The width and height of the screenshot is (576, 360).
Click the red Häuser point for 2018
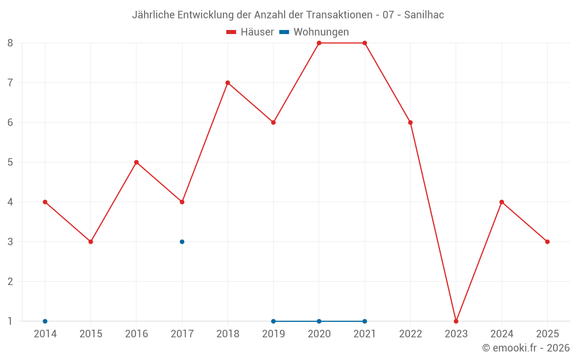click(228, 83)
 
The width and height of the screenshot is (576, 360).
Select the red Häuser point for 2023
click(456, 321)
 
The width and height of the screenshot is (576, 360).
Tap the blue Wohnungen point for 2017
click(182, 242)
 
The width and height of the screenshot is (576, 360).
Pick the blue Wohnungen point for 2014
click(45, 321)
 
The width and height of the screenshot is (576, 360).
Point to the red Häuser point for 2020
click(319, 43)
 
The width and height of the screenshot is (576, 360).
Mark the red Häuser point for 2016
click(137, 162)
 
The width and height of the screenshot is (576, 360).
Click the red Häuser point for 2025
click(547, 242)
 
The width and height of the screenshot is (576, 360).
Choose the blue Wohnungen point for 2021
click(365, 321)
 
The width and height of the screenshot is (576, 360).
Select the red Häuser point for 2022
click(411, 123)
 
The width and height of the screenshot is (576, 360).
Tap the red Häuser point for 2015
click(90, 242)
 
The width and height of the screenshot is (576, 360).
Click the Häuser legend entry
click(250, 32)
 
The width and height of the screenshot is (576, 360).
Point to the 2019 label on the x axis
click(273, 334)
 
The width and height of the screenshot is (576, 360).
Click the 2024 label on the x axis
click(502, 334)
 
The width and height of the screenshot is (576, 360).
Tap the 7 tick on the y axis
click(10, 83)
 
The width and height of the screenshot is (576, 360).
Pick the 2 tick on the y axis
click(10, 282)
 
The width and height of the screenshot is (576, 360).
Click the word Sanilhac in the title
click(424, 15)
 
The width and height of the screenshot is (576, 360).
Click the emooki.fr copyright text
click(526, 348)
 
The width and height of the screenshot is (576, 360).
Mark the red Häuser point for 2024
click(502, 202)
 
